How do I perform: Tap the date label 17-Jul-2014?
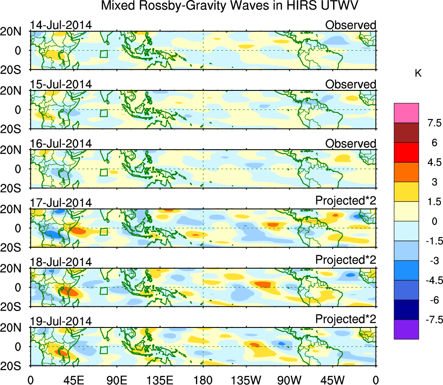(61, 203)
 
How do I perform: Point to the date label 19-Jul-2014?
(61, 321)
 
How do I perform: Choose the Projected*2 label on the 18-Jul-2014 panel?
(346, 262)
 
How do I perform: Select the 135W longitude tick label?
(246, 379)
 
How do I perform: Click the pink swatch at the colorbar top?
(406, 113)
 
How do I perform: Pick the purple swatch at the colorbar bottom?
(406, 329)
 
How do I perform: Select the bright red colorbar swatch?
(406, 152)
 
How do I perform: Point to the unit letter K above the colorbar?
(418, 74)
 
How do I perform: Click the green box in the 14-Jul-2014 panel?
(103, 54)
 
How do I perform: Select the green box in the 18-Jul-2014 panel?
(103, 291)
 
